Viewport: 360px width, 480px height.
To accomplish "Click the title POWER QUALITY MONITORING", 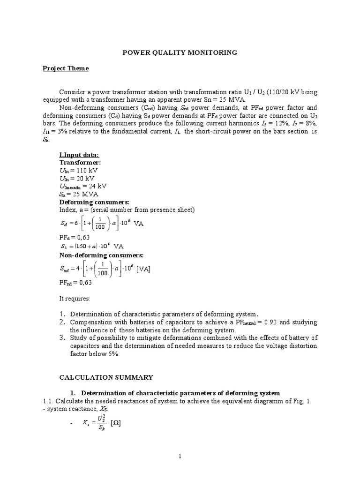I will tap(180, 53).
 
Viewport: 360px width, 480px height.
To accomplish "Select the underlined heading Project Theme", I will tap(66, 68).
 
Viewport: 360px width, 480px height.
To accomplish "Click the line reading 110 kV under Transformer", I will tap(79, 170).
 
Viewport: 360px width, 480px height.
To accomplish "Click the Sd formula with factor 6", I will tap(101, 224).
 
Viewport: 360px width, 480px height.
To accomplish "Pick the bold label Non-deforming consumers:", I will tap(101, 255).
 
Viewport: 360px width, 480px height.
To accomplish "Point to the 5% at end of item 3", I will tap(112, 354).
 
